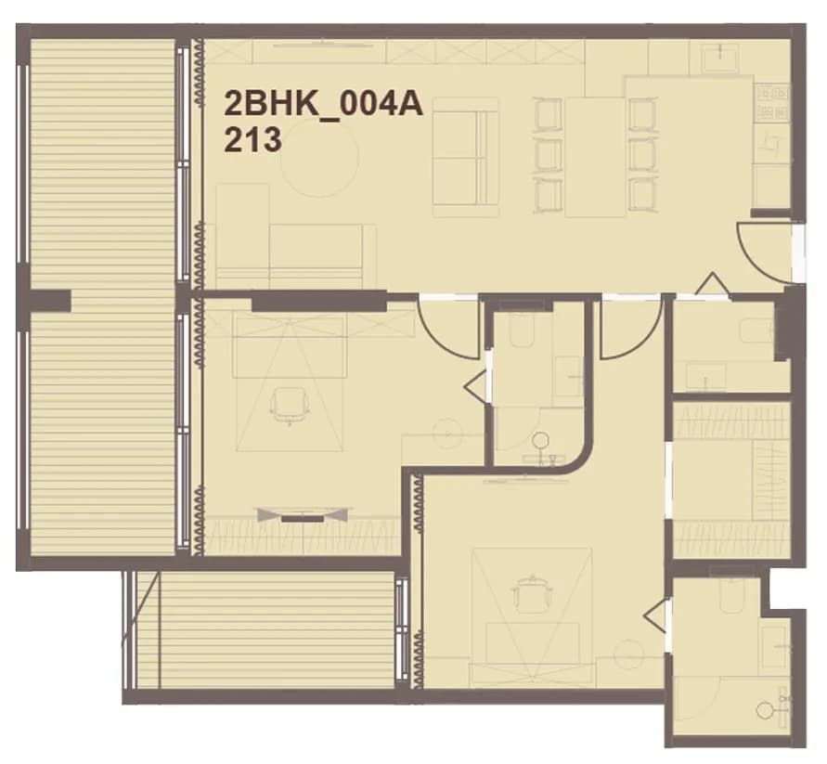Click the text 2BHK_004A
[x=323, y=104]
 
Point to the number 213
[x=252, y=141]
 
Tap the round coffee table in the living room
[x=319, y=158]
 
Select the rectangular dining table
[x=595, y=157]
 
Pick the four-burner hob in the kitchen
[x=773, y=103]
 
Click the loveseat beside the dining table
[x=465, y=157]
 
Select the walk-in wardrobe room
[x=731, y=479]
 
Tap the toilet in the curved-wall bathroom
[x=523, y=330]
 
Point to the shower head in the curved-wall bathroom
[x=540, y=440]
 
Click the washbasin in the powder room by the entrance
[x=705, y=376]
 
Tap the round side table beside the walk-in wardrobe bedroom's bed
[x=629, y=656]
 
